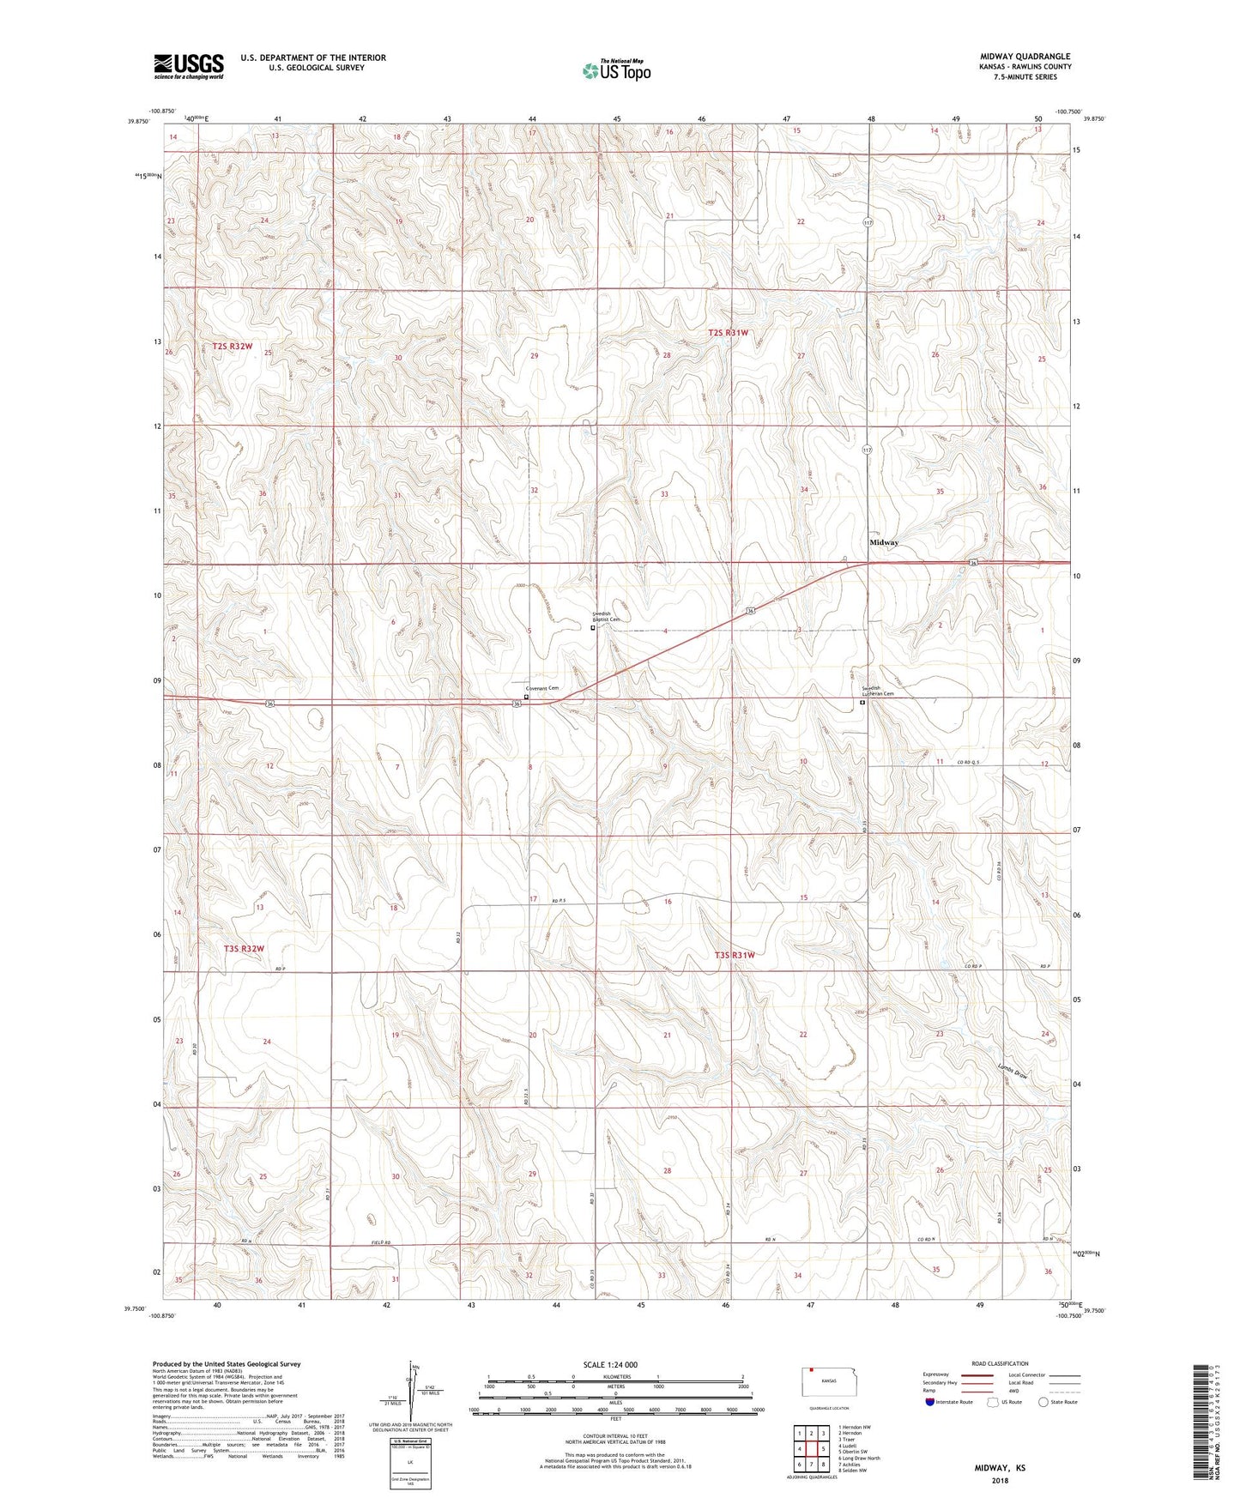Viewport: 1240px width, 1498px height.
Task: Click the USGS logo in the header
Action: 189,66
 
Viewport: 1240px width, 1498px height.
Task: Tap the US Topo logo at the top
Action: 616,70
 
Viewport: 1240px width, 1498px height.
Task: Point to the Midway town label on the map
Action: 884,543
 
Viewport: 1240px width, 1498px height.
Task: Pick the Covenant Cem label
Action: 542,688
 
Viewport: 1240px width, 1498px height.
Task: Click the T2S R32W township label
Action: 233,347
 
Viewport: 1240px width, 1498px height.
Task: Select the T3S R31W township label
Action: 735,955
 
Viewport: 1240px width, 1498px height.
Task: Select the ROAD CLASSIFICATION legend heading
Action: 1000,1363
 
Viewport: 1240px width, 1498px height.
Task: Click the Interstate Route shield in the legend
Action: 930,1401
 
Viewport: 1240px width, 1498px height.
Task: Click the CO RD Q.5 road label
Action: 969,762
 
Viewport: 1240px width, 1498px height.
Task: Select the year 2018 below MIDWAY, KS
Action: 1000,1480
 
